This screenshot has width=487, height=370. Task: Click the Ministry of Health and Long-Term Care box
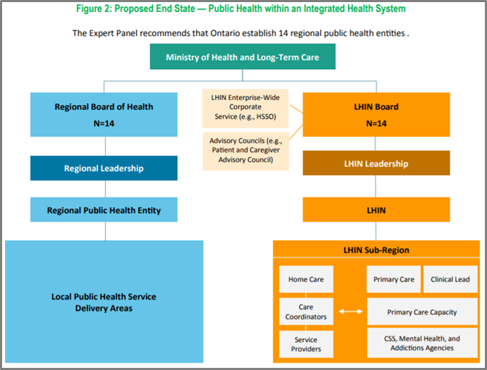click(x=242, y=57)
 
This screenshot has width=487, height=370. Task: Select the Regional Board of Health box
click(x=104, y=113)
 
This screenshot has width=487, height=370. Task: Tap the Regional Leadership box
click(x=104, y=168)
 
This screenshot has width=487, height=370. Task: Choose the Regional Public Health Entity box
click(x=104, y=210)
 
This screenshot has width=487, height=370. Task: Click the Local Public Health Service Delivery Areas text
click(x=104, y=302)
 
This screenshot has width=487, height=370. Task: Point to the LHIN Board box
click(x=376, y=113)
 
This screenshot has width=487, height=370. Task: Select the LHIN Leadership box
click(x=376, y=164)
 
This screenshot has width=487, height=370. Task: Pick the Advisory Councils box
click(x=246, y=150)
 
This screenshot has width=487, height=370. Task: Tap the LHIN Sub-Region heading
click(x=376, y=250)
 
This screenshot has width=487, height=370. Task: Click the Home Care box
click(x=306, y=279)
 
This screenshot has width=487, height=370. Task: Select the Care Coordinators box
click(x=306, y=312)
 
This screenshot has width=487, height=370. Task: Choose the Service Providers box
click(x=306, y=344)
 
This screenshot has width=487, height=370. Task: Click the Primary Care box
click(x=393, y=279)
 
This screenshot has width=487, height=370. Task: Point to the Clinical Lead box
click(x=450, y=279)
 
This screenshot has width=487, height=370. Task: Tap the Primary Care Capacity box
click(x=421, y=312)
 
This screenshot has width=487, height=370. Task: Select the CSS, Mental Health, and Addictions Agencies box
click(x=421, y=343)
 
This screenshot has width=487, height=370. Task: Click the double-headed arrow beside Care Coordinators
click(x=350, y=312)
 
